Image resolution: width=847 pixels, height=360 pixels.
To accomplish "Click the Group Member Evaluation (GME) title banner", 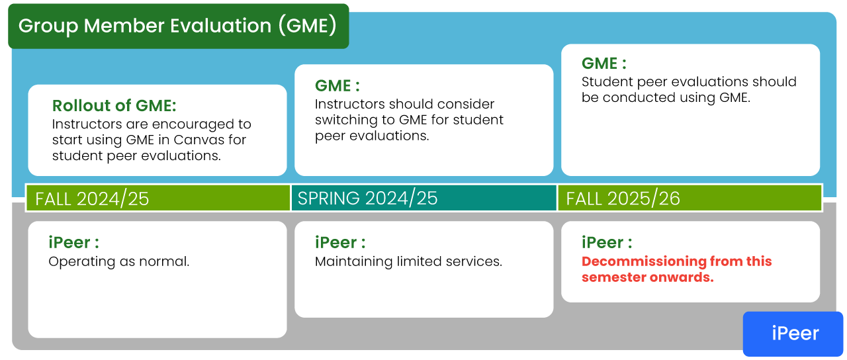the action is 179,26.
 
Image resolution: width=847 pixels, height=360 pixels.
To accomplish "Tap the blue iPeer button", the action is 793,334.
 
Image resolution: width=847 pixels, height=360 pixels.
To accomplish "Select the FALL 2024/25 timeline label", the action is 92,199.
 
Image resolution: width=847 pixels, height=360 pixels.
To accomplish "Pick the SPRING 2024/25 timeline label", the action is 367,198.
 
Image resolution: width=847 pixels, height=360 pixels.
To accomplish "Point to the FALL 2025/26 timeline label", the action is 623,199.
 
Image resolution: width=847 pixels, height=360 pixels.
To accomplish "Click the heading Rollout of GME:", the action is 114,105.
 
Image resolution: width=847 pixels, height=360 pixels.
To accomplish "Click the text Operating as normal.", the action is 118,261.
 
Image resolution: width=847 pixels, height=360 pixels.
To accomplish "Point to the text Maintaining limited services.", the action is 408,261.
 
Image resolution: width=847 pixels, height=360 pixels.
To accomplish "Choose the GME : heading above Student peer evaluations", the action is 604,63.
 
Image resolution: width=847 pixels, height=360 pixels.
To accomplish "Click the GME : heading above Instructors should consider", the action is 337,85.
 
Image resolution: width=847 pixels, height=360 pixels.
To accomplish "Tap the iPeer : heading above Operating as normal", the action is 73,242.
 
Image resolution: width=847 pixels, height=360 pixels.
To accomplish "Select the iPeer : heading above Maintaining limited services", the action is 340,242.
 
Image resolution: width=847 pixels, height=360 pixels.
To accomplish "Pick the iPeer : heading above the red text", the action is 607,242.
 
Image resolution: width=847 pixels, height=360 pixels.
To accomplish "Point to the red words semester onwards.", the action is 648,277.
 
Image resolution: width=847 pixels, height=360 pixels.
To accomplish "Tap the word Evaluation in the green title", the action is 221,26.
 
